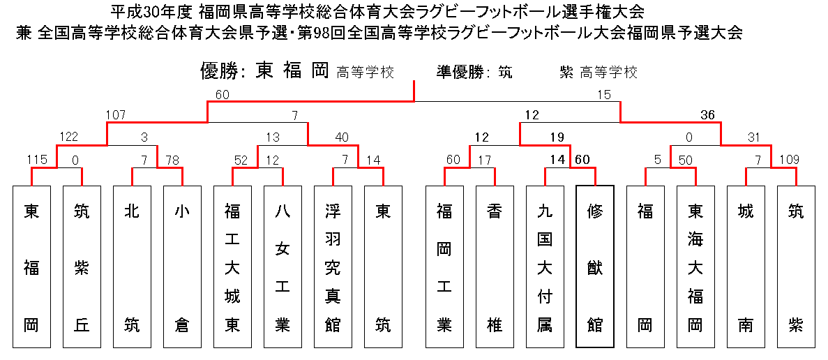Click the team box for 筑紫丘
[x=82, y=267]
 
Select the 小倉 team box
[x=182, y=267]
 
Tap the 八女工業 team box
[x=283, y=267]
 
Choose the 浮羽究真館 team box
[x=333, y=267]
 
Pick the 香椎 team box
[x=495, y=267]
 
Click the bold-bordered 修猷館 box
[x=595, y=267]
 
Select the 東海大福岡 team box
[x=695, y=267]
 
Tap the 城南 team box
[x=746, y=267]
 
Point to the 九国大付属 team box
[x=545, y=267]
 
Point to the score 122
[x=68, y=137]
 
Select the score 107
[x=116, y=115]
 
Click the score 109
[x=789, y=159]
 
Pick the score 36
[x=707, y=115]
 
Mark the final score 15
[x=604, y=95]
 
